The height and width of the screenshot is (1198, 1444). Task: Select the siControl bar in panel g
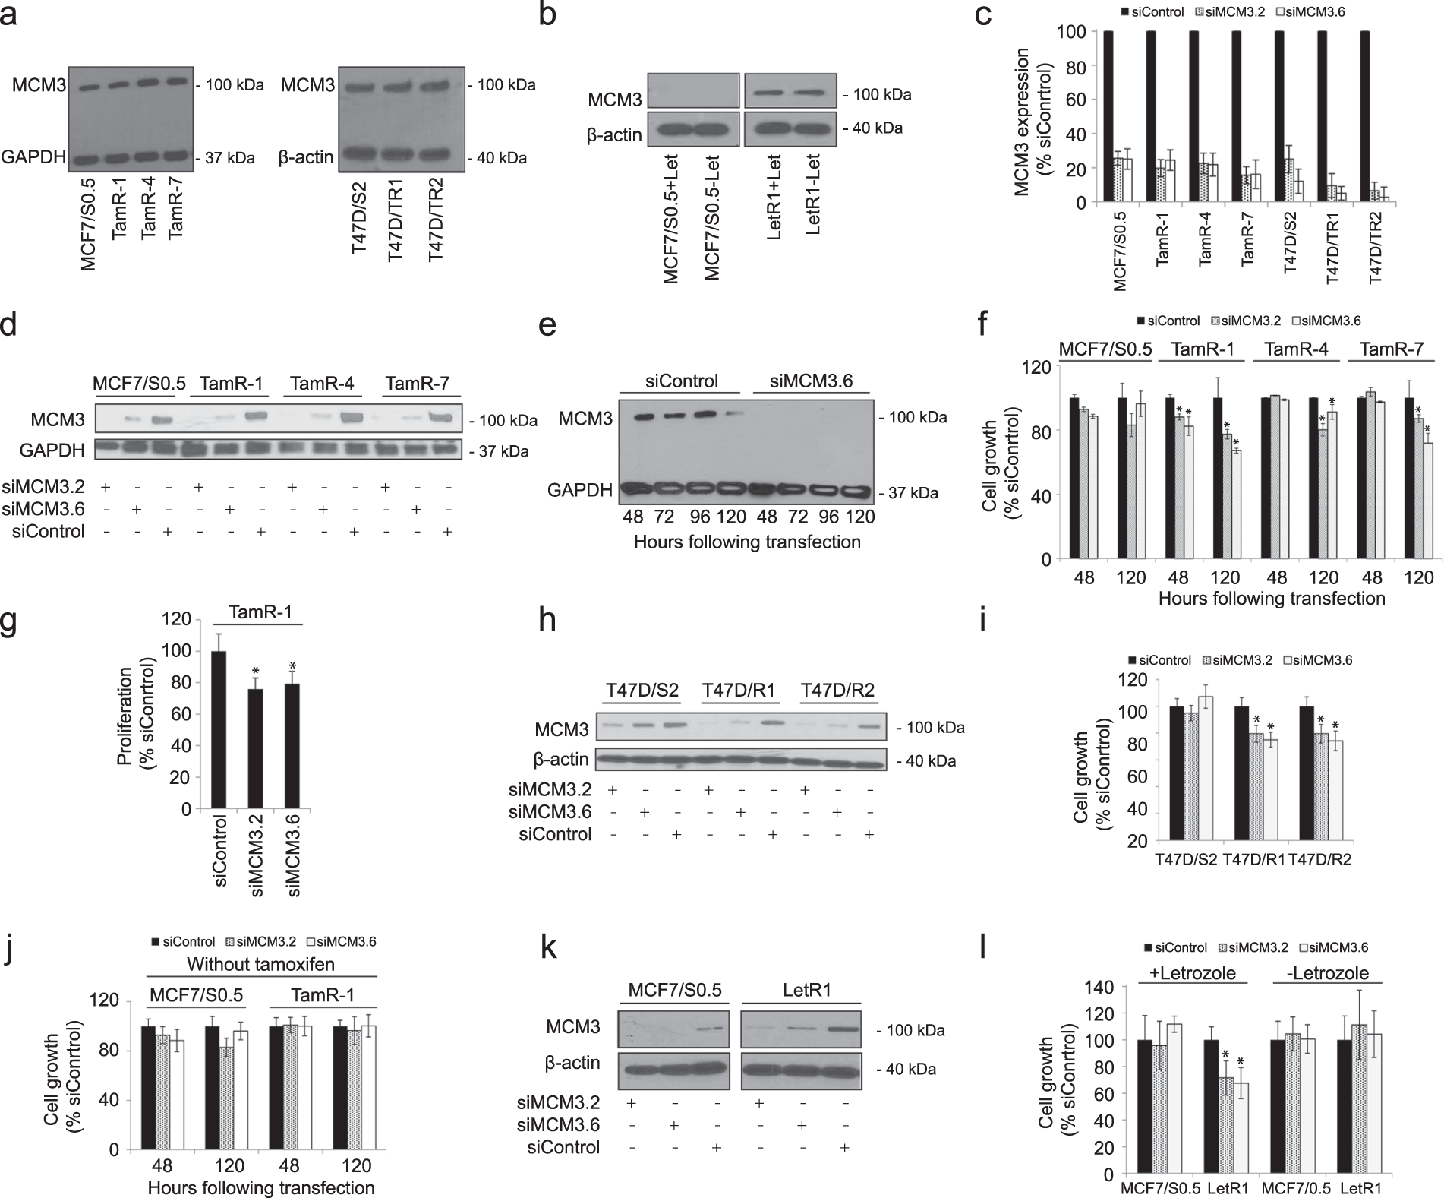click(x=219, y=730)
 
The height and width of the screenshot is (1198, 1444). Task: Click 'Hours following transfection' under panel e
click(x=747, y=542)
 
